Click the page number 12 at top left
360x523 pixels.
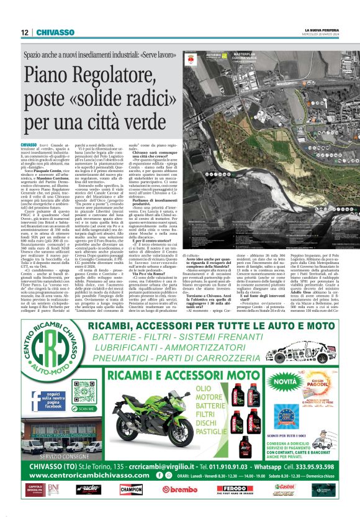pyautogui.click(x=24, y=32)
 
